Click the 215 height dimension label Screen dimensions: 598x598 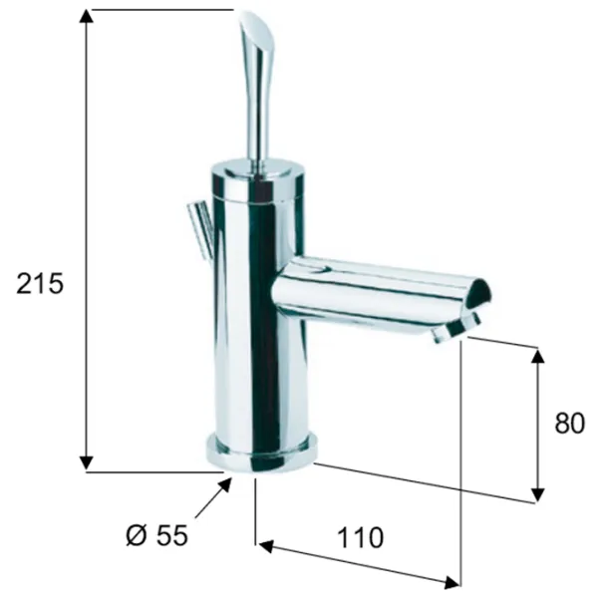tap(40, 283)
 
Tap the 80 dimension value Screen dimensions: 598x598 tap(569, 423)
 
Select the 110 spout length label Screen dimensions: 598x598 tap(360, 537)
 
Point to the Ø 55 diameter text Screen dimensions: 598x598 tap(157, 535)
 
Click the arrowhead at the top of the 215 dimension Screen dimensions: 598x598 tap(87, 17)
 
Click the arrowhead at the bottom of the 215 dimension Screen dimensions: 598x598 tap(87, 463)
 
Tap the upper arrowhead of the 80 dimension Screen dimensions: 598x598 tap(538, 356)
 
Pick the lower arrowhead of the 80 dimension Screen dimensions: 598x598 tap(538, 494)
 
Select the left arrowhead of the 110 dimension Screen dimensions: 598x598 tap(266, 546)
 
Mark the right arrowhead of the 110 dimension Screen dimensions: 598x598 tap(451, 582)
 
